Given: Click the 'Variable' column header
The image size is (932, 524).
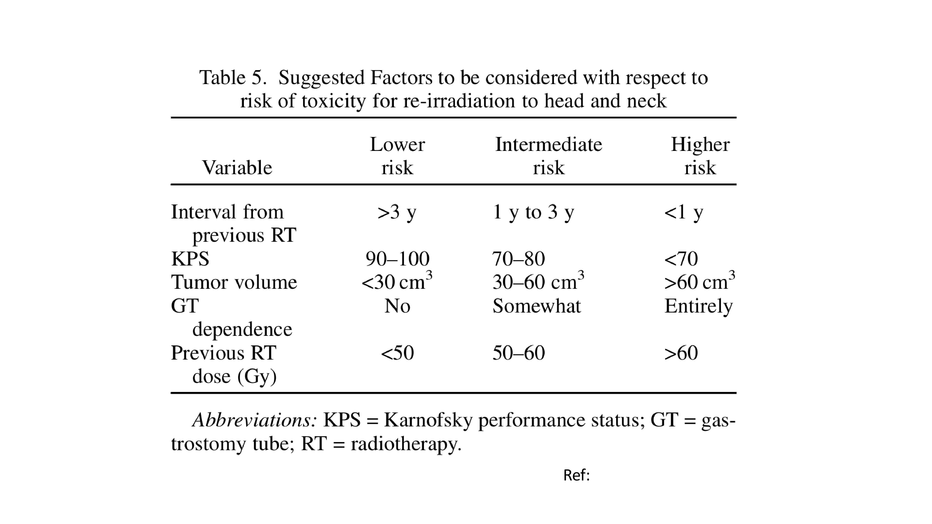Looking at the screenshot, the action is (237, 167).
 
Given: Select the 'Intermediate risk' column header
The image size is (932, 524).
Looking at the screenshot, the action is (549, 156).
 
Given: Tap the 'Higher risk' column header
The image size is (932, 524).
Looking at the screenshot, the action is (700, 156).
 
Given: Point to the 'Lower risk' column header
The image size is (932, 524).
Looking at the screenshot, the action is (397, 156).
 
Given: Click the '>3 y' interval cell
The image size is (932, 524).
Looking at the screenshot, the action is (397, 212).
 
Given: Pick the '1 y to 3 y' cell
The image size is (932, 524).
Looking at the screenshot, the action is (533, 212).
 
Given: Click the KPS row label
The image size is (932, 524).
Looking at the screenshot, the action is (190, 259).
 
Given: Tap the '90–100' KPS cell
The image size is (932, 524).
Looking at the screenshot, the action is (397, 259).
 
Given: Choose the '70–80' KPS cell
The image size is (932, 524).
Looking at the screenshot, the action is (519, 259).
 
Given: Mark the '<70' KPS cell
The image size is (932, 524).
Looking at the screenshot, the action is (681, 259).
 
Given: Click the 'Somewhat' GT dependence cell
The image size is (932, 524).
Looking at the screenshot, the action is (536, 306).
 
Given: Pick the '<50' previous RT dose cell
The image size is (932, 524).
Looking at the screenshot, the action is (397, 353).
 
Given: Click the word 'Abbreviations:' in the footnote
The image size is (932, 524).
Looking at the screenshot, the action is (255, 420).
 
